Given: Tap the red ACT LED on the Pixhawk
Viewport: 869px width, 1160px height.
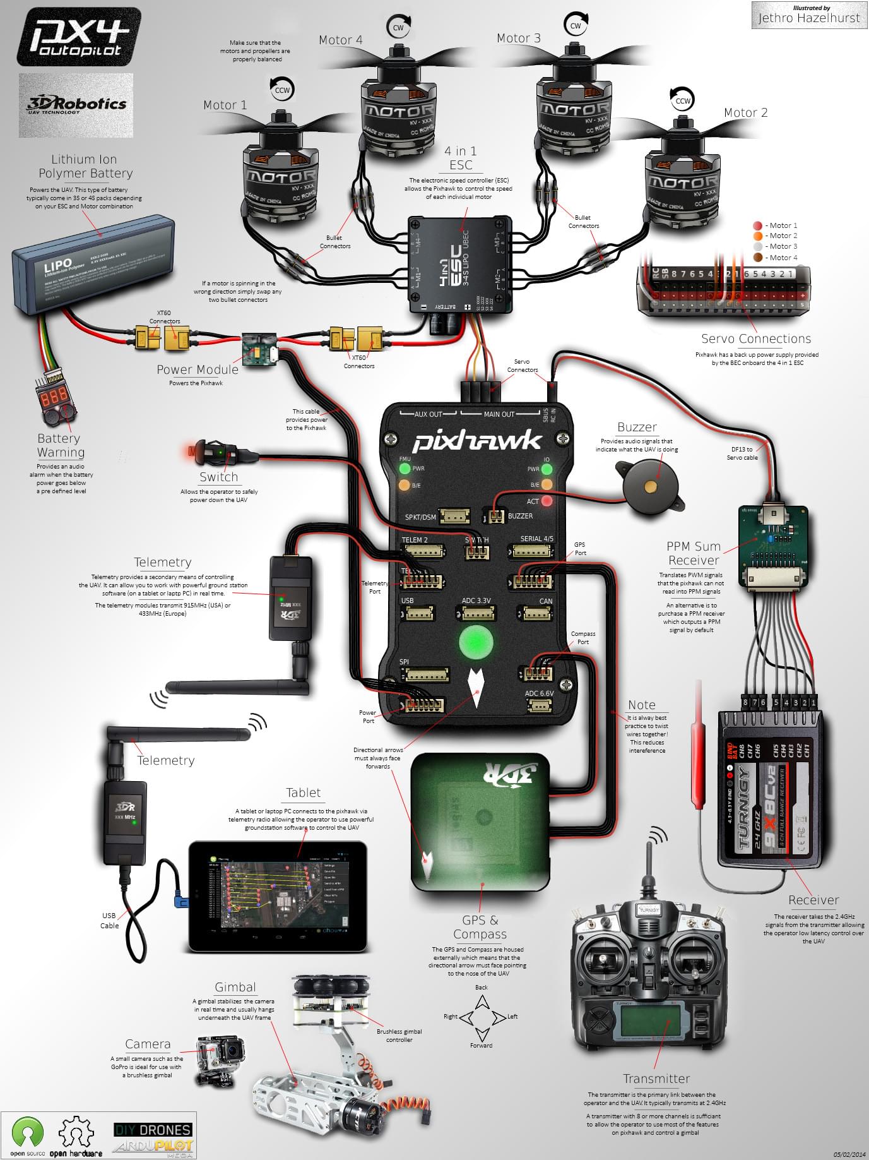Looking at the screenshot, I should pos(547,501).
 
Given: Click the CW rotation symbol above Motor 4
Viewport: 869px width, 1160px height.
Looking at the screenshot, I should pos(398,27).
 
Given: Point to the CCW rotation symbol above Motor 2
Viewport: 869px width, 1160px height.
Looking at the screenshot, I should pos(683,100).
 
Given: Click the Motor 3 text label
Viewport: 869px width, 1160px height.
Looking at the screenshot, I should pos(518,39).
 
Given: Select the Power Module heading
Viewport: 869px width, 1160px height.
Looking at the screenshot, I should pos(197,370).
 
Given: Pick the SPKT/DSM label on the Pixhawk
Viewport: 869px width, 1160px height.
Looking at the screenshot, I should pos(420,517).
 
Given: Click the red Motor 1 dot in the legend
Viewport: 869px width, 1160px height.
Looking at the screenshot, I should pos(757,225).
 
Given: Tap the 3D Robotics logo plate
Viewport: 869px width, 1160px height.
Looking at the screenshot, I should pos(76,105).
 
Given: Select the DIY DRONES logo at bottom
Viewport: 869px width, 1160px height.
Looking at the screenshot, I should pos(153,1129).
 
